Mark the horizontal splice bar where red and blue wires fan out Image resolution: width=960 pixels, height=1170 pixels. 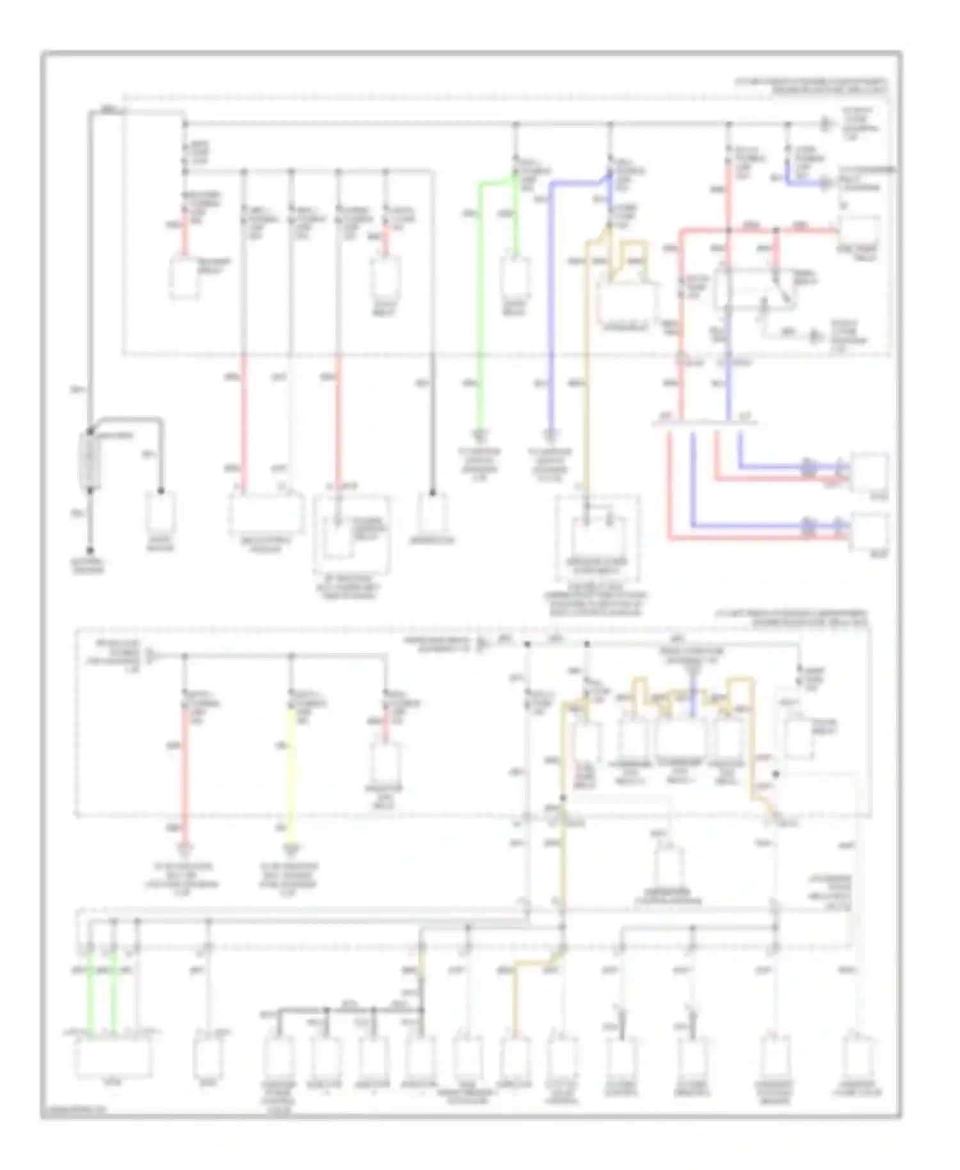pyautogui.click(x=704, y=423)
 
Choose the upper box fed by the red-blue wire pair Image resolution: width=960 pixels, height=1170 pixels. pyautogui.click(x=868, y=472)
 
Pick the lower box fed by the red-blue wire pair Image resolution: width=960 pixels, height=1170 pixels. pyautogui.click(x=868, y=531)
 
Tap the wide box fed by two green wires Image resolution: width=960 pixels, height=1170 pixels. pyautogui.click(x=114, y=1057)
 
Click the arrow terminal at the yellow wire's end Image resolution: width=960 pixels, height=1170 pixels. pyautogui.click(x=291, y=850)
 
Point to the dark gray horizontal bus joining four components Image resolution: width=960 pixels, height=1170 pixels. pyautogui.click(x=346, y=1009)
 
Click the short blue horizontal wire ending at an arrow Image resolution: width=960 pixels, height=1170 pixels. pyautogui.click(x=808, y=182)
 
